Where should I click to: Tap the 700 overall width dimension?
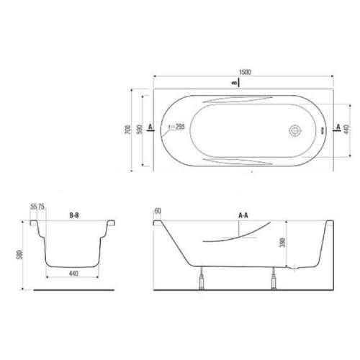128,130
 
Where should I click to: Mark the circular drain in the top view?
294,131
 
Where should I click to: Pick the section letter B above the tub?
234,84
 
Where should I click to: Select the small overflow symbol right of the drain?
323,131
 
